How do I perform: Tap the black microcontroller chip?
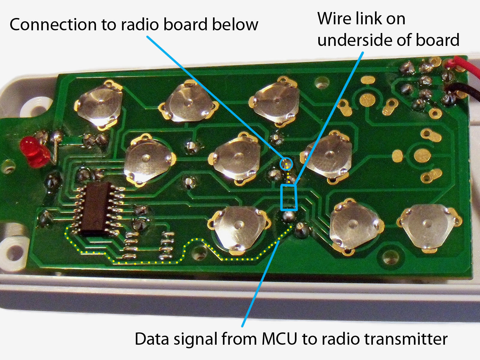coord(96,209)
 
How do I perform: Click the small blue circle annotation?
coord(286,163)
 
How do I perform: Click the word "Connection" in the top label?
coord(53,25)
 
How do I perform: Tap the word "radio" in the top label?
coord(140,25)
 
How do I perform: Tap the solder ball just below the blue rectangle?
coord(289,216)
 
